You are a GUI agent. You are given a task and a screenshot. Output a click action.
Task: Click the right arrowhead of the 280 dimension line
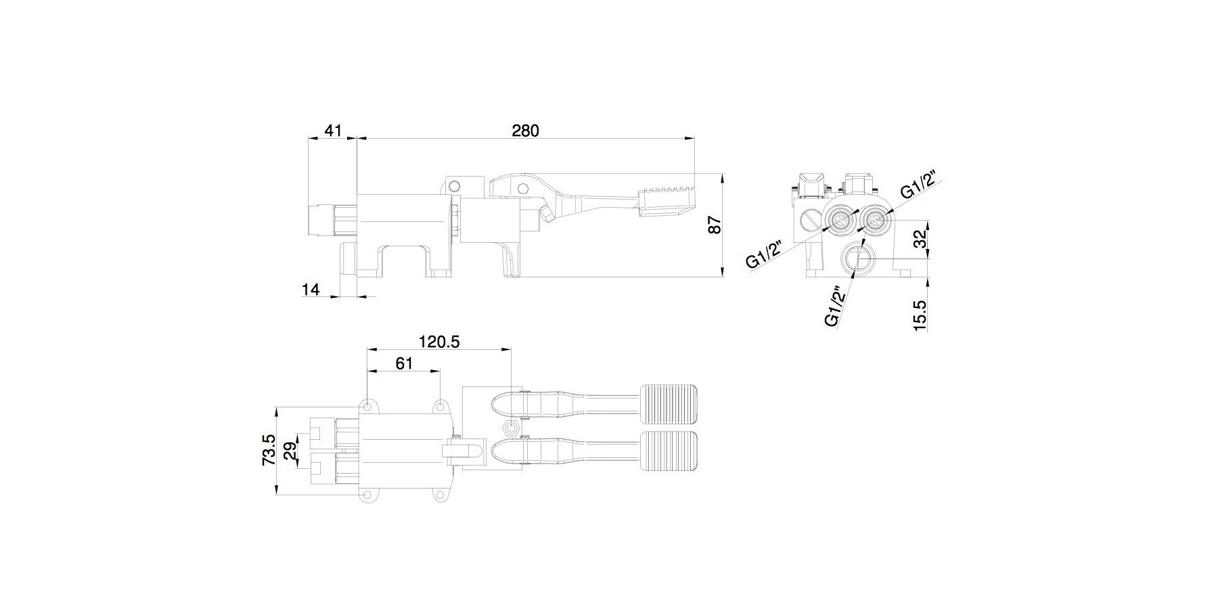690,138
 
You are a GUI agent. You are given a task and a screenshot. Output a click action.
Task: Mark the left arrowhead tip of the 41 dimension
309,138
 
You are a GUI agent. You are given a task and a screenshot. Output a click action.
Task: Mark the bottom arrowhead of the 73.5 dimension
277,491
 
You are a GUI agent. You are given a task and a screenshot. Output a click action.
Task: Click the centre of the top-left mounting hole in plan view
367,407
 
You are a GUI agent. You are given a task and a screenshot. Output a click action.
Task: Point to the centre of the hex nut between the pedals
511,428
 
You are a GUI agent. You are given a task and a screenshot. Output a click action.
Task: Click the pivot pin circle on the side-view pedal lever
522,187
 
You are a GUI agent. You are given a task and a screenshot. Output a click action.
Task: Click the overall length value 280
525,131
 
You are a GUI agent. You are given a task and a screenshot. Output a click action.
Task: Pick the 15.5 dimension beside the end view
919,315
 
